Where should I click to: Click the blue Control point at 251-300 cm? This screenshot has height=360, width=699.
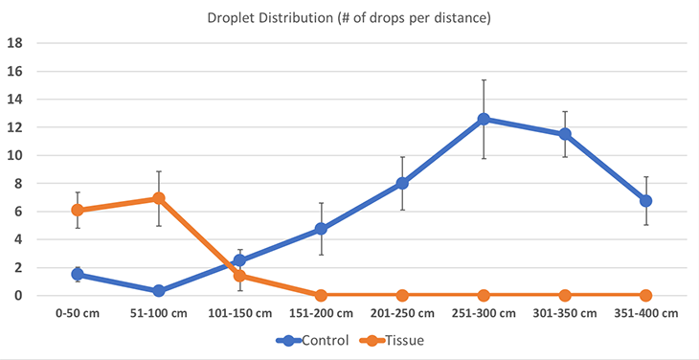coord(484,120)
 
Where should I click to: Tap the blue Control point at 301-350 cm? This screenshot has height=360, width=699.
coord(565,134)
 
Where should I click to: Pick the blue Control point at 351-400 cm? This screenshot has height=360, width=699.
coord(645,201)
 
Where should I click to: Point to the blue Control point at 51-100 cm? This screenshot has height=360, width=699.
coord(159,291)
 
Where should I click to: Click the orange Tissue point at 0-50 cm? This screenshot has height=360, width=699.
coord(78,210)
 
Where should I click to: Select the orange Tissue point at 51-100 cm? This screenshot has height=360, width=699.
coord(159,198)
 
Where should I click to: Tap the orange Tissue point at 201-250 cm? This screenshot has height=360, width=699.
coord(402,295)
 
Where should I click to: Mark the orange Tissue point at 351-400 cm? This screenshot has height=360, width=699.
coord(645,295)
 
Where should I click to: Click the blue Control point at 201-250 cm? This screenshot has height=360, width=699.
coord(402,183)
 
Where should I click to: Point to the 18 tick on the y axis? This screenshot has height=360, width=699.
coord(15,43)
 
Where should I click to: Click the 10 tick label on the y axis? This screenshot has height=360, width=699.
coord(15,155)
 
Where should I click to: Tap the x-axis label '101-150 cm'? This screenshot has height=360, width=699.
coord(240,313)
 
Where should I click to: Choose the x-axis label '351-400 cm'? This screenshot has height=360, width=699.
coord(645,313)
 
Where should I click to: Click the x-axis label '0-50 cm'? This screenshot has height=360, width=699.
coord(78,313)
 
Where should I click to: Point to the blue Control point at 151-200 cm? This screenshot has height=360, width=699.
coord(321,229)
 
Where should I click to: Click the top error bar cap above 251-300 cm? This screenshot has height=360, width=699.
coord(484,80)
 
